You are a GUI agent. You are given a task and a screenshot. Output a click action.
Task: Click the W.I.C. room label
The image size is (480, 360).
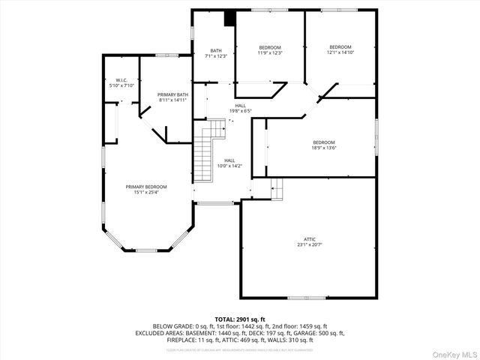[x=121, y=79]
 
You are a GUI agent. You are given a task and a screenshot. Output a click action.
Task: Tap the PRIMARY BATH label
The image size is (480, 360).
[x=172, y=94]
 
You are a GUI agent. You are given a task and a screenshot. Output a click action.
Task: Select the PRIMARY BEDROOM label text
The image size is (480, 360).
[x=146, y=186]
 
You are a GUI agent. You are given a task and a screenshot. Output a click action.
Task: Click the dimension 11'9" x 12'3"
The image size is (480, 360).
[x=270, y=52]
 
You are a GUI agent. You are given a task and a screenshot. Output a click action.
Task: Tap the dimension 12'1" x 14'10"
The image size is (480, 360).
[x=340, y=52]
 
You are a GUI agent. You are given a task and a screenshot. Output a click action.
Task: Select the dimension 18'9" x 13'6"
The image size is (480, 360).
[x=324, y=148]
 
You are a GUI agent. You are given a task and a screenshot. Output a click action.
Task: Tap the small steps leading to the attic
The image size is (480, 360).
[x=277, y=189]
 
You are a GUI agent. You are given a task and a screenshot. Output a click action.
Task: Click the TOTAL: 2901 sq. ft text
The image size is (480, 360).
[x=240, y=319]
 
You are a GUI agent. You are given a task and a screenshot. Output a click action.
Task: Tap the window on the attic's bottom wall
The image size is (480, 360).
[x=307, y=298]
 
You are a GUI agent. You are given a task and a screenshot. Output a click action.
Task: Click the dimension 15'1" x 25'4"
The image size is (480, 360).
[x=146, y=192]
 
